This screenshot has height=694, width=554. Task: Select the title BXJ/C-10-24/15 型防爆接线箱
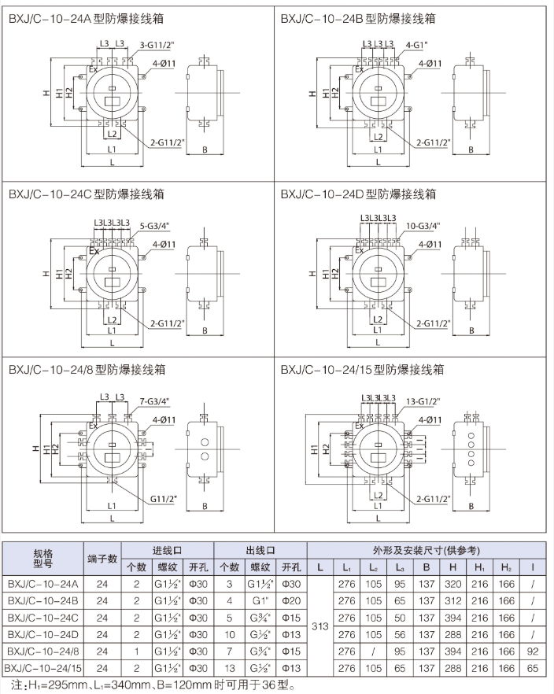click(x=363, y=368)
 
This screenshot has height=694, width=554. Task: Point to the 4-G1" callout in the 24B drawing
click(x=416, y=44)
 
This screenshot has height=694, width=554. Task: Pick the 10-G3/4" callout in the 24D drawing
click(x=424, y=225)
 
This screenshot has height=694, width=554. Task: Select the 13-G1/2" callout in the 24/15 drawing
click(x=424, y=401)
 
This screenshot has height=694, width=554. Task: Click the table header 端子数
click(x=102, y=559)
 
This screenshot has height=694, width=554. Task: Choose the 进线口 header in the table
click(x=171, y=551)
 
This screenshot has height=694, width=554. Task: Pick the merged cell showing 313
click(x=319, y=627)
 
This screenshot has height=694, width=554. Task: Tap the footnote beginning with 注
click(x=149, y=685)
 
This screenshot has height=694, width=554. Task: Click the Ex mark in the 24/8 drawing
click(x=93, y=426)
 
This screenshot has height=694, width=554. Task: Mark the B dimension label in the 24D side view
click(x=471, y=330)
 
